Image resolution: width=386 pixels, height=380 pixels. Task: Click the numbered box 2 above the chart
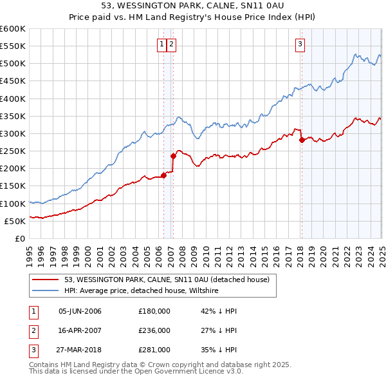172,44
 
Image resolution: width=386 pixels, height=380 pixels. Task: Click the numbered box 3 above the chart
300,44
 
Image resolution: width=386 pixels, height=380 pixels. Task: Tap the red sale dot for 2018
302,140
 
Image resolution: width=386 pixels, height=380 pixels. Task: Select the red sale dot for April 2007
173,155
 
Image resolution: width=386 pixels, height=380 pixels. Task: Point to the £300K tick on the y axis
14,133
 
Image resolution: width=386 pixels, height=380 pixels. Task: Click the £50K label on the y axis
16,221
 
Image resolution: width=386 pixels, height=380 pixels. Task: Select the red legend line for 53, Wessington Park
46,280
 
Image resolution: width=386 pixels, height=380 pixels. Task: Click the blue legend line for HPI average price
46,291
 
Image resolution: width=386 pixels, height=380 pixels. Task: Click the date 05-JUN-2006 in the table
80,311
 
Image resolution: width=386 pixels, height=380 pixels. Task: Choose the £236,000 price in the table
154,330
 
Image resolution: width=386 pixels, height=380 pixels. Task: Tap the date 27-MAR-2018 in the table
80,350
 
